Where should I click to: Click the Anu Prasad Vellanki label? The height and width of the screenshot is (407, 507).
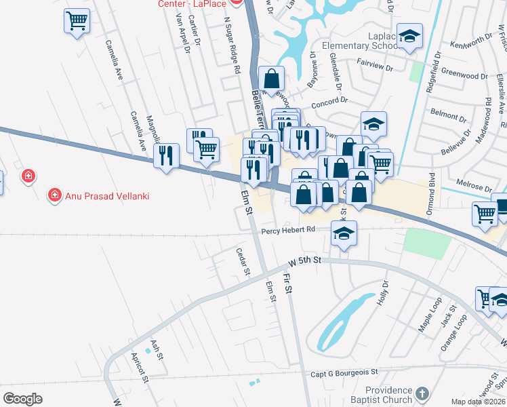point(106,197)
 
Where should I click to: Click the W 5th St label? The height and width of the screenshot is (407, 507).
point(304,260)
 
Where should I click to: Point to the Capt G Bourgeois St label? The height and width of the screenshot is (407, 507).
point(344,372)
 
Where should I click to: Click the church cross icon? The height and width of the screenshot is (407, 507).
point(422,394)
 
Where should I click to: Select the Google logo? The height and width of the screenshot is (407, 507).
point(22,399)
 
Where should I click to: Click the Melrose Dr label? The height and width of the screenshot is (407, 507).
point(474,187)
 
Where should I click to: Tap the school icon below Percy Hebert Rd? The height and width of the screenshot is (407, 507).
point(344,234)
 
